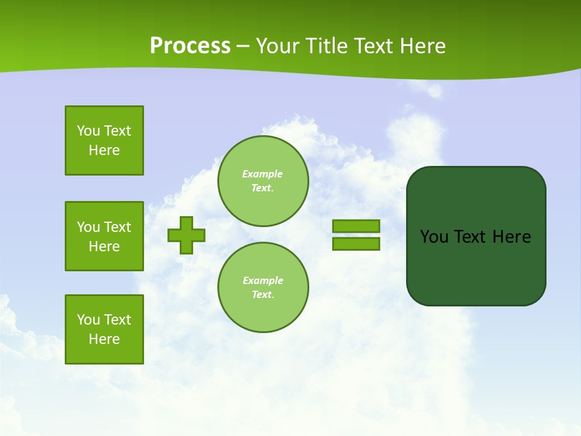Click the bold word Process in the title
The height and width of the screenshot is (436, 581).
(190, 46)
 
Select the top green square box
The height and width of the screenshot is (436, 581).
(104, 140)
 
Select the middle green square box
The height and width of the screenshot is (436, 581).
(104, 236)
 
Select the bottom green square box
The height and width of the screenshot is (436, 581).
(104, 329)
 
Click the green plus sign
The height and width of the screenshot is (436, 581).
(186, 235)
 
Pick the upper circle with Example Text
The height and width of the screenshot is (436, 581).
(263, 181)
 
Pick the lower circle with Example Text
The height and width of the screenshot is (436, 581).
(263, 288)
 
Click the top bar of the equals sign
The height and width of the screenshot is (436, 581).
(356, 226)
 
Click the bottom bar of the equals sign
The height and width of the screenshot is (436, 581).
(356, 243)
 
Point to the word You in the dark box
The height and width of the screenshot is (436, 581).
(434, 237)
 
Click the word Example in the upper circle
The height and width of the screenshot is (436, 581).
(263, 174)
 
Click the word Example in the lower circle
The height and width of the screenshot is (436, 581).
(263, 280)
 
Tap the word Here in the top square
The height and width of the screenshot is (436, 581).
(104, 150)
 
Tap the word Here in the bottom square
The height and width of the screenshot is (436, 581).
(104, 339)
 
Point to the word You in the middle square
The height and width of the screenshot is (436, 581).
(88, 227)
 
